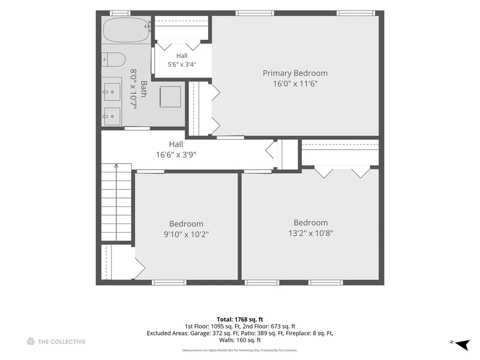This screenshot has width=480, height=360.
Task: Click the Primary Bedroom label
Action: pyautogui.click(x=295, y=74)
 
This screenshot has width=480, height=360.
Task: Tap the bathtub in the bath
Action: pyautogui.click(x=126, y=30)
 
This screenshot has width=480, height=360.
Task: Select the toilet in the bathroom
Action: pyautogui.click(x=113, y=60)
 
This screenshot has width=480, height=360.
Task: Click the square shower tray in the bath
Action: pyautogui.click(x=170, y=97)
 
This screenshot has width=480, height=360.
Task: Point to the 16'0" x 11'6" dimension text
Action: pyautogui.click(x=295, y=83)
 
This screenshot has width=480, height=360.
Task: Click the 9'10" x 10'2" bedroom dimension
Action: pyautogui.click(x=186, y=234)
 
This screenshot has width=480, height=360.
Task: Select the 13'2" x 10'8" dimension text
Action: pyautogui.click(x=311, y=233)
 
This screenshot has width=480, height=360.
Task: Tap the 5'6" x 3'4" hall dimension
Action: pyautogui.click(x=182, y=64)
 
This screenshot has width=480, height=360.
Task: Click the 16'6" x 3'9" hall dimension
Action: pyautogui.click(x=176, y=155)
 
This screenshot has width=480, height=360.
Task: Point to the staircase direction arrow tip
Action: pyautogui.click(x=116, y=165)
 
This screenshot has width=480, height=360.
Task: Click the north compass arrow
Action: pyautogui.click(x=462, y=345)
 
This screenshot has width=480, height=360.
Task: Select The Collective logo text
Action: pyautogui.click(x=61, y=342)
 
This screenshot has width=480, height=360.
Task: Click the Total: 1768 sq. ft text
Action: pyautogui.click(x=240, y=320)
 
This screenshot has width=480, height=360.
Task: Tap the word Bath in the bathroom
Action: pyautogui.click(x=143, y=89)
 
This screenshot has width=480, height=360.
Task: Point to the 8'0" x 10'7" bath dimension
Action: pyautogui.click(x=133, y=89)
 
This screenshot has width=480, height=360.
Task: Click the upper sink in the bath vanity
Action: pyautogui.click(x=112, y=91)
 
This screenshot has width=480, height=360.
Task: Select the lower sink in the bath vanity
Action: pyautogui.click(x=112, y=116)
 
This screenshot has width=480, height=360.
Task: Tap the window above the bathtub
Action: pyautogui.click(x=120, y=13)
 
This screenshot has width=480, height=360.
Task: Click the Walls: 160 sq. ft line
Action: pyautogui.click(x=240, y=340)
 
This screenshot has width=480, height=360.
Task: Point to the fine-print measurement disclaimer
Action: pyautogui.click(x=240, y=350)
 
